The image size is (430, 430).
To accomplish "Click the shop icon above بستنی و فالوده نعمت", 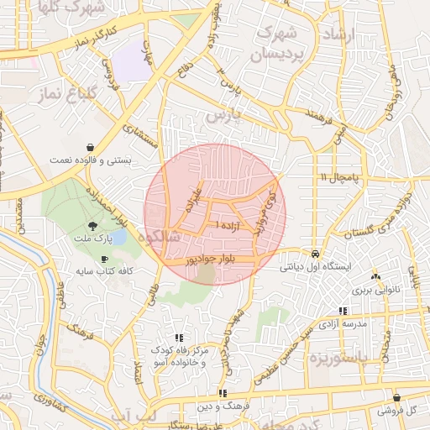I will click(x=91, y=145).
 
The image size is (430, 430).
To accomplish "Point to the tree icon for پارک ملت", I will click(x=92, y=225).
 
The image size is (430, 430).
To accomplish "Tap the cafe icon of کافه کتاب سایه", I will click(x=103, y=259).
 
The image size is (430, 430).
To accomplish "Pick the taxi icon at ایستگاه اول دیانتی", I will click(x=315, y=253).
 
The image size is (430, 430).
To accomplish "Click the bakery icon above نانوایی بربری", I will click(x=375, y=275).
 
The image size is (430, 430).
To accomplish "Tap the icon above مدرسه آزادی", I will click(x=343, y=311).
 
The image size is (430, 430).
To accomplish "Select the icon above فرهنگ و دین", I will click(x=223, y=393).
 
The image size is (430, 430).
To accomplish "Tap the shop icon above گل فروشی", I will click(x=396, y=397).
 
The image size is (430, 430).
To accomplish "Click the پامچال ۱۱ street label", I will click(x=338, y=178).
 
